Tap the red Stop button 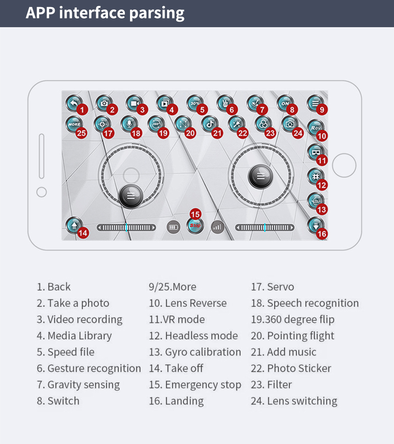[x=195, y=226]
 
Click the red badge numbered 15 [x=195, y=214]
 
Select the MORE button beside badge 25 [x=74, y=124]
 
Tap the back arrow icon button [x=74, y=103]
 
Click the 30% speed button [x=195, y=103]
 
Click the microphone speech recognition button [x=129, y=124]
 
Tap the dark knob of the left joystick [x=130, y=197]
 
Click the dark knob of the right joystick [x=260, y=176]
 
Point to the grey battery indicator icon [x=173, y=227]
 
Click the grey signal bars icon [x=217, y=227]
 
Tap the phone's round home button [x=344, y=165]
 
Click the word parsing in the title [x=157, y=13]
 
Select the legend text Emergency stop [x=203, y=385]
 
